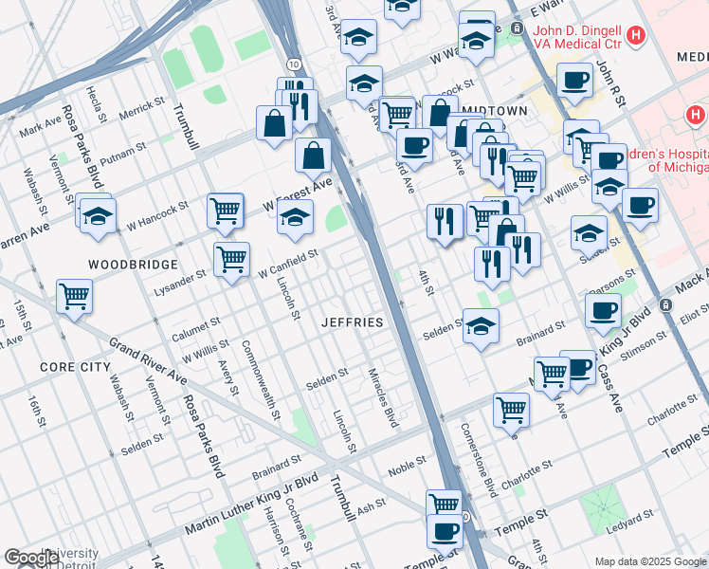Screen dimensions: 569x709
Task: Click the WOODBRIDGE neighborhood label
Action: pyautogui.click(x=133, y=264)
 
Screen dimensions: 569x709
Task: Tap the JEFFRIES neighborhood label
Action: pyautogui.click(x=352, y=322)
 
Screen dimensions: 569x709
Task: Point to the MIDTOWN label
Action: pyautogui.click(x=495, y=111)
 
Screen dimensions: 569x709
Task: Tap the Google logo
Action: pyautogui.click(x=32, y=558)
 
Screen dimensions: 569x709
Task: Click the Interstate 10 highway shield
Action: pyautogui.click(x=296, y=63)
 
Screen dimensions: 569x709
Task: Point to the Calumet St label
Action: pyautogui.click(x=196, y=330)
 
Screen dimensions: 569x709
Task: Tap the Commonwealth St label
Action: pyautogui.click(x=261, y=380)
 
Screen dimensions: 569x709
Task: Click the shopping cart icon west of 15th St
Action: pyautogui.click(x=74, y=295)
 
